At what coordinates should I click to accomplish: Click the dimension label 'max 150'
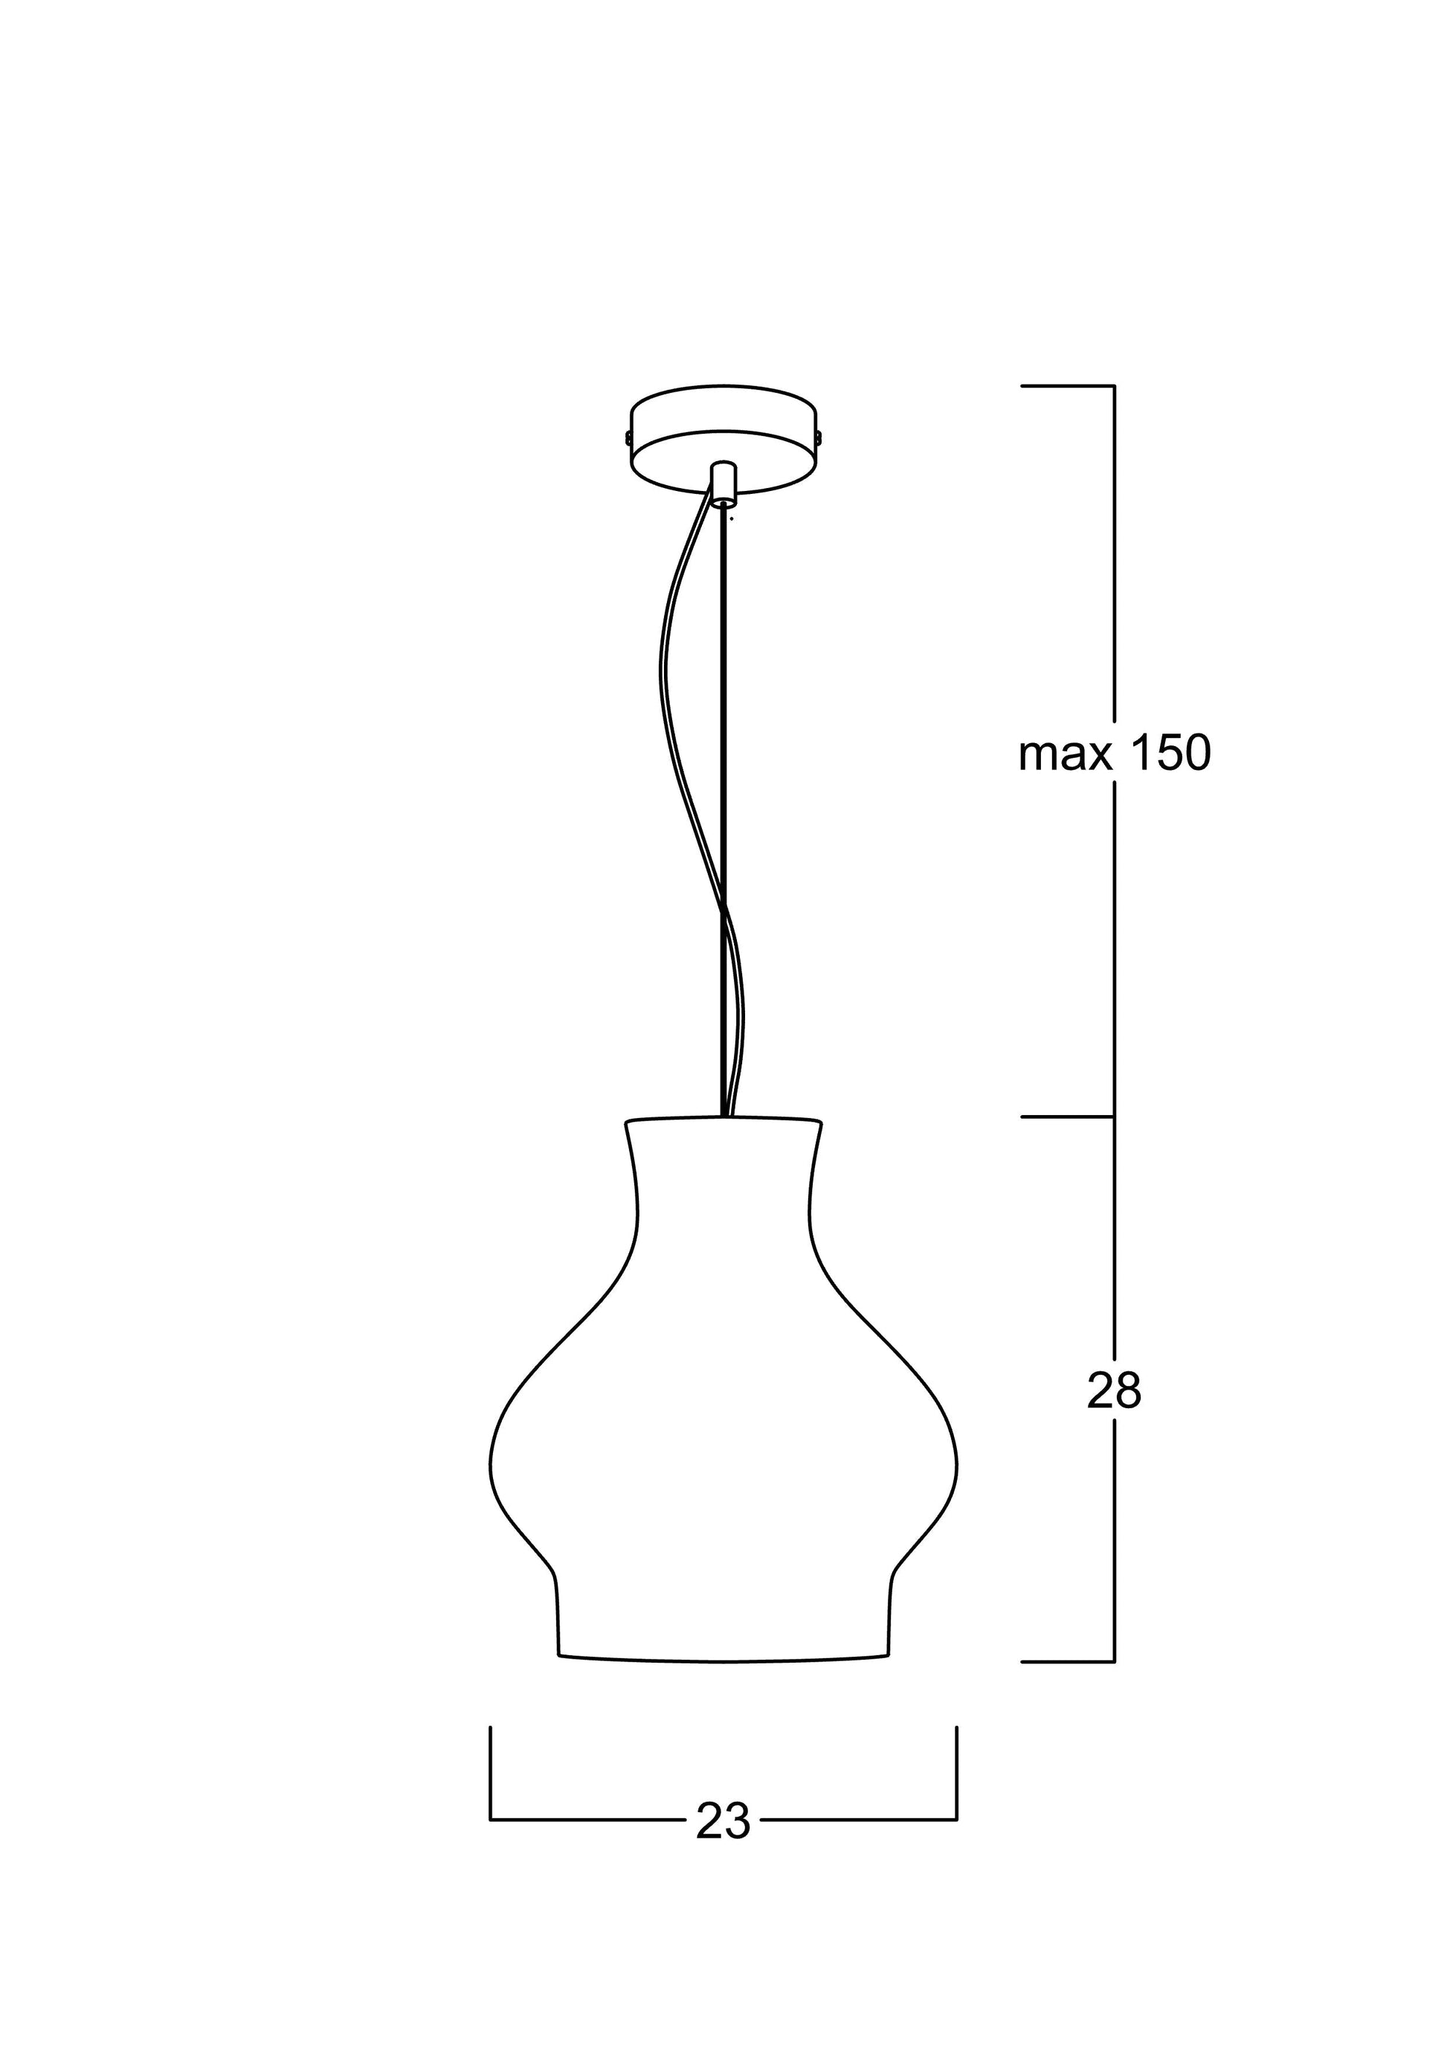click(x=1115, y=753)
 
